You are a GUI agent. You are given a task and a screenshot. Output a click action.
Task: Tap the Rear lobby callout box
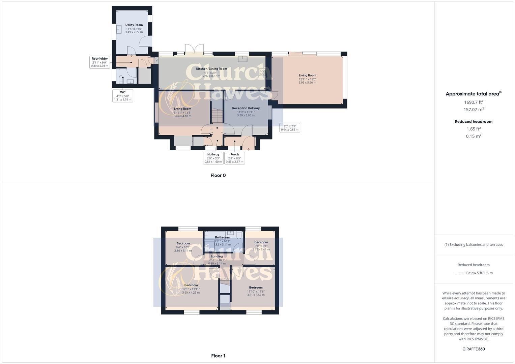(99, 62)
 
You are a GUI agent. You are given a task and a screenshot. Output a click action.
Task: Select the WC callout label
(123, 96)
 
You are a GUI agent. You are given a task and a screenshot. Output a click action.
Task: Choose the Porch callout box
(234, 158)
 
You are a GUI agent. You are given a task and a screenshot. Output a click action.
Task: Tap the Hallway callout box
(213, 158)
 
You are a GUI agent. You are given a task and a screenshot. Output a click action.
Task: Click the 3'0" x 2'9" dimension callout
(289, 128)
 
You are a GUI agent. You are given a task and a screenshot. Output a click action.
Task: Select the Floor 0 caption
(218, 175)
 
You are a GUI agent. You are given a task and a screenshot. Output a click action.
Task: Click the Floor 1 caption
(218, 356)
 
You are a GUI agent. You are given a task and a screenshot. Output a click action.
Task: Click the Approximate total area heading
(473, 94)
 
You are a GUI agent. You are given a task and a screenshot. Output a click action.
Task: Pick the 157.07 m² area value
(474, 110)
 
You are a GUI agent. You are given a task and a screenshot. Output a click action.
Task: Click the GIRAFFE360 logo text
(474, 349)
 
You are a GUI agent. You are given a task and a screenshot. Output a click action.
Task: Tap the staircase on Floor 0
(217, 116)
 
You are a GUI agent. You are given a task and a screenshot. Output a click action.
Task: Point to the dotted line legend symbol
(459, 273)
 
